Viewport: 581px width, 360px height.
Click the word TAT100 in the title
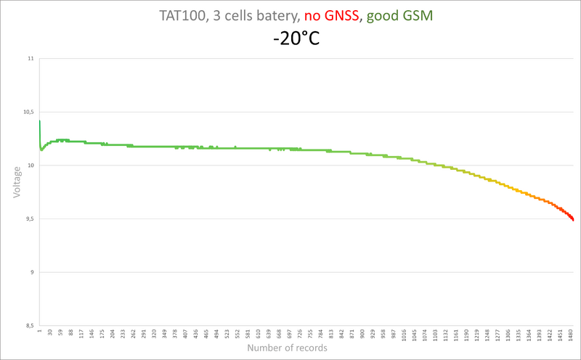pyautogui.click(x=182, y=16)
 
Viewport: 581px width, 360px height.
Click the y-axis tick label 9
pyautogui.click(x=31, y=272)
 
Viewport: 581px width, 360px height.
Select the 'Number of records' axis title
pyautogui.click(x=287, y=348)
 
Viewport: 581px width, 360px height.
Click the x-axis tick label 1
pyautogui.click(x=39, y=333)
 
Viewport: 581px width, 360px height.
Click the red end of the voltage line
pyautogui.click(x=571, y=217)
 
